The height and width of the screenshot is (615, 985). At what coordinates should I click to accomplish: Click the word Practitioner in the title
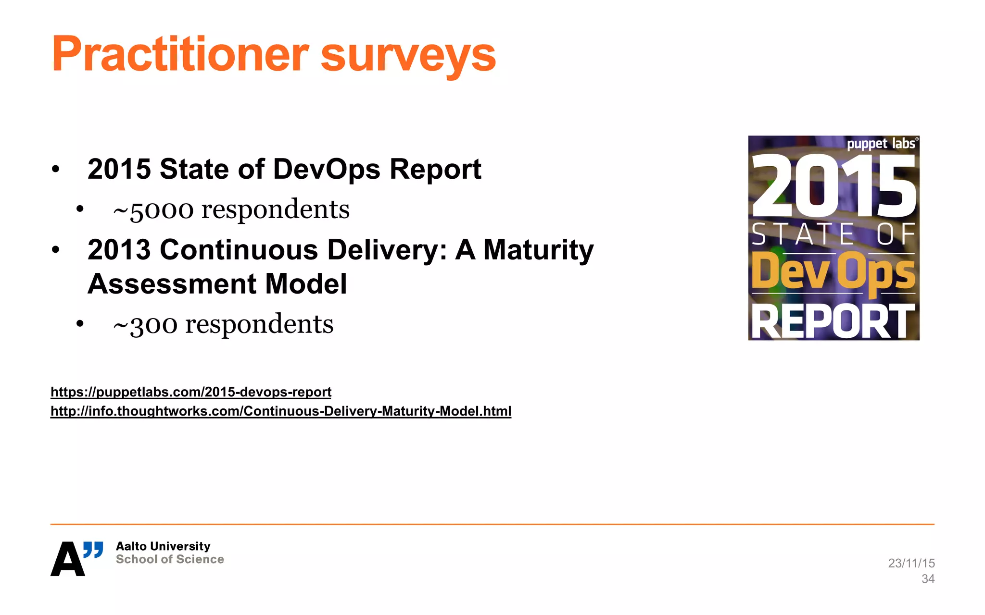[180, 54]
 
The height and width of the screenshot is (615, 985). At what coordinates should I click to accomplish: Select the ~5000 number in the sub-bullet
[153, 210]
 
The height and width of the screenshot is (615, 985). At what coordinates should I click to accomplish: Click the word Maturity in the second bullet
[538, 250]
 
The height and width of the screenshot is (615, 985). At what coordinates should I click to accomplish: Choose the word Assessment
[171, 284]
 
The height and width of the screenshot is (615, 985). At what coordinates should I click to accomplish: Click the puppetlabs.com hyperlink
[191, 392]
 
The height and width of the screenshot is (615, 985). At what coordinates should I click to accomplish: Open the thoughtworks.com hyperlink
[280, 411]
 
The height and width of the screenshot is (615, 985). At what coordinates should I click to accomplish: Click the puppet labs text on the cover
[881, 144]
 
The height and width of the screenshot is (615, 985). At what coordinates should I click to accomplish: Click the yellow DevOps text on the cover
[833, 272]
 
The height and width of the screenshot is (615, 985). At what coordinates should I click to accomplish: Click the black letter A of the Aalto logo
[67, 559]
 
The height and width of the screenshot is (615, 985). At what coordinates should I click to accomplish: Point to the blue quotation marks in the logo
[93, 549]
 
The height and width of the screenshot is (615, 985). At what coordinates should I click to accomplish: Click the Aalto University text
[163, 546]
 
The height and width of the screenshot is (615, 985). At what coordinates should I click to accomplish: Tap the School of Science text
[170, 559]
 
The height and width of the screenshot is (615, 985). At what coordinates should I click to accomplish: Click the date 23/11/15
[911, 563]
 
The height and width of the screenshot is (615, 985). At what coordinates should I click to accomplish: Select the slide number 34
[928, 579]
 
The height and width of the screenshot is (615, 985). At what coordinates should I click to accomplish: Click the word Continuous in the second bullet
[239, 250]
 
